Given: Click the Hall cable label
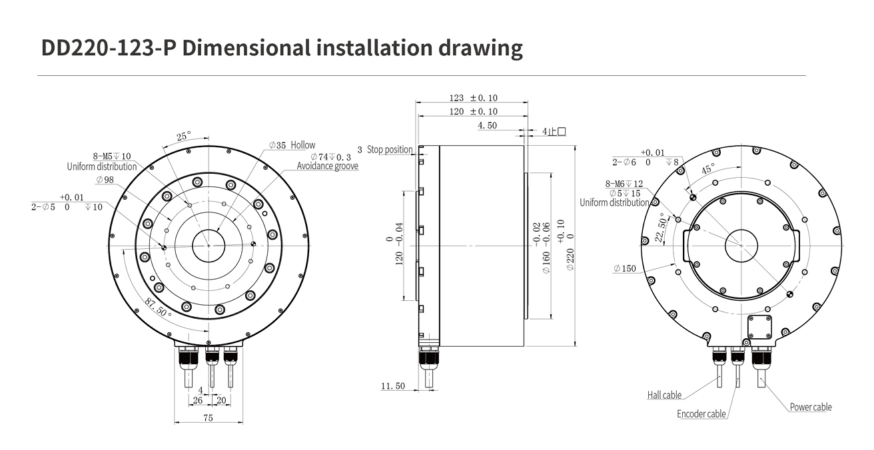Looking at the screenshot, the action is coord(664,395).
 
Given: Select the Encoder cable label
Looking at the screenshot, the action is coord(701,414).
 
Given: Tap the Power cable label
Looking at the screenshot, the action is coord(811,407).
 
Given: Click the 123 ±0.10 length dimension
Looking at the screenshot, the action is coord(473,98).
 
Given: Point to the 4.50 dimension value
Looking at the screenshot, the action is coord(488,126).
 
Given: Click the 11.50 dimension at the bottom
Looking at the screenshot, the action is coord(393,386).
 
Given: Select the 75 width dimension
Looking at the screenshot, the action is coord(208,418).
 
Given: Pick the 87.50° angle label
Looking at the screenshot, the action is coord(158,308).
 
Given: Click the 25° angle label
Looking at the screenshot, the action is coord(184,136).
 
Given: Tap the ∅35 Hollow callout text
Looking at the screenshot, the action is coord(292,145).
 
